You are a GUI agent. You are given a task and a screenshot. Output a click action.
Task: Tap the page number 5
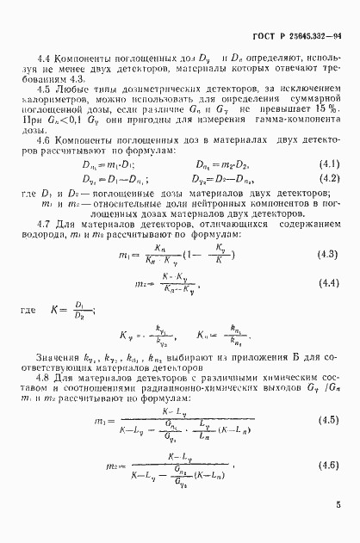pyautogui.click(x=338, y=520)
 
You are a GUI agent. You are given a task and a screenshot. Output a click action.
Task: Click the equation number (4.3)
pyautogui.click(x=327, y=256)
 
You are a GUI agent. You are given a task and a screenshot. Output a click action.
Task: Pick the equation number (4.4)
pyautogui.click(x=327, y=282)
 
